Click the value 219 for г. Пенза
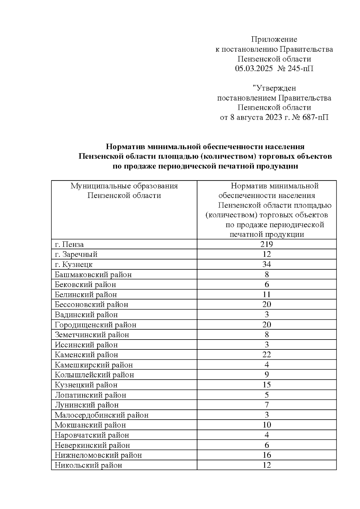[x=266, y=244]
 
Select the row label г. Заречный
[x=76, y=254]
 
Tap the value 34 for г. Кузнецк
[x=266, y=264]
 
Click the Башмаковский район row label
[x=93, y=274]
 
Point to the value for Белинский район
[x=266, y=295]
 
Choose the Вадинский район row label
[x=86, y=315]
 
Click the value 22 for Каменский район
[x=266, y=355]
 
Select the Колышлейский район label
[x=94, y=375]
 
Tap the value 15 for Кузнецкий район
[x=266, y=385]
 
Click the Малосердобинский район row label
[x=101, y=415]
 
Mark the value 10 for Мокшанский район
[x=266, y=425]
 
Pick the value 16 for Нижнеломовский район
[x=266, y=455]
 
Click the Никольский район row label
[x=88, y=466]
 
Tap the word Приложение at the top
[x=274, y=39]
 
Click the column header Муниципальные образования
[x=124, y=186]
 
